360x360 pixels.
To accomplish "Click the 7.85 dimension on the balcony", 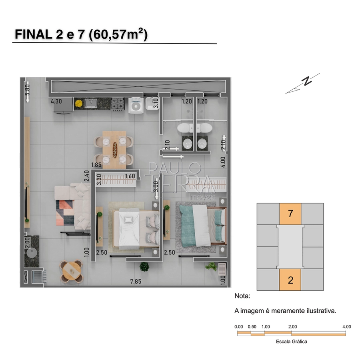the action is click(136, 282).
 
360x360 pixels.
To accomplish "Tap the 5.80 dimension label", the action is click(27, 90).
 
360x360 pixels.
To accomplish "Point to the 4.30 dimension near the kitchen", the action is click(56, 101).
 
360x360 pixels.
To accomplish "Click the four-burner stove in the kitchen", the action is click(118, 104).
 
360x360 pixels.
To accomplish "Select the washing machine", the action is click(136, 105).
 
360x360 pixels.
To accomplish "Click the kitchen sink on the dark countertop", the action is click(91, 103).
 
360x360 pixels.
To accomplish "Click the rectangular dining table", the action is click(114, 150).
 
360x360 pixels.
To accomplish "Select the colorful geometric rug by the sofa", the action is click(65, 213).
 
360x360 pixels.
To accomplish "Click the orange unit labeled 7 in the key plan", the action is click(290, 214).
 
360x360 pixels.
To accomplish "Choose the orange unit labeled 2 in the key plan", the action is click(290, 280).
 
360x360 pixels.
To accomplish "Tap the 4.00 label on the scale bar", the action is click(346, 326).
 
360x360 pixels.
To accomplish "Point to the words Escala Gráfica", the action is click(291, 342).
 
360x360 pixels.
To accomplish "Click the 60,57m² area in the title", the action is click(118, 34).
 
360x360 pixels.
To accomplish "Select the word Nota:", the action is click(242, 296).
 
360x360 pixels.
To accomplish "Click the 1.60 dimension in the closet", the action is click(130, 176).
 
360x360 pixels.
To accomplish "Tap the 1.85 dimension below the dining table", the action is click(96, 165).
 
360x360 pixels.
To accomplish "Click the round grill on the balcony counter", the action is click(32, 253).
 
